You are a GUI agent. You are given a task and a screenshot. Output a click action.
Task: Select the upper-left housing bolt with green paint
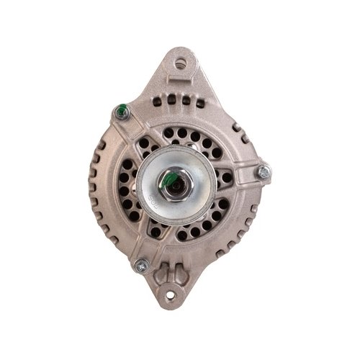pyautogui.click(x=120, y=112)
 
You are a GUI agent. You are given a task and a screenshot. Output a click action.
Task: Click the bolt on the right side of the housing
pyautogui.click(x=264, y=171)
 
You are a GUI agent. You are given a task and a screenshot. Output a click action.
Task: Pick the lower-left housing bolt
pyautogui.click(x=140, y=266)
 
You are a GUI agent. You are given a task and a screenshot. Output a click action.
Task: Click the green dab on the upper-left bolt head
pyautogui.click(x=122, y=110)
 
